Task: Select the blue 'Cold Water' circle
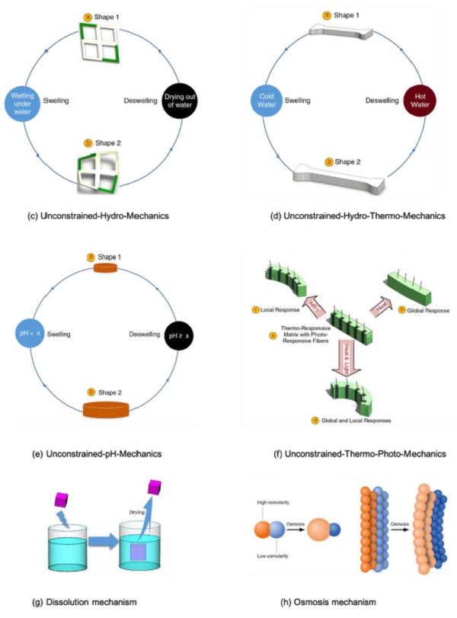pos(265,100)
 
